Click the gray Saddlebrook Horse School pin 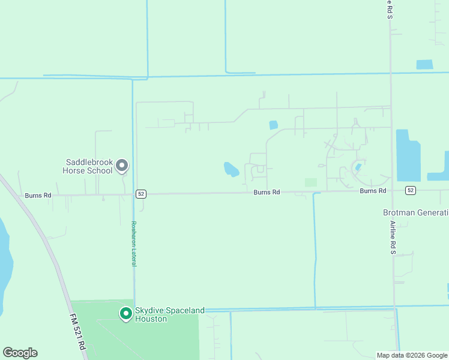tap(122, 165)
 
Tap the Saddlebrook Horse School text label tap(89, 166)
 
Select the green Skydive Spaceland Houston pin tap(125, 313)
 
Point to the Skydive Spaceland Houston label tap(169, 314)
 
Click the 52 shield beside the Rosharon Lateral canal tap(140, 194)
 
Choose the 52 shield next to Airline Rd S tap(411, 190)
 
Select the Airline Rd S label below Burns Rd tap(393, 237)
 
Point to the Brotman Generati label tap(416, 212)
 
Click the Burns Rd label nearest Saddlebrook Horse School tap(38, 196)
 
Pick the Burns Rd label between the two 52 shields tap(267, 192)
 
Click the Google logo tap(20, 353)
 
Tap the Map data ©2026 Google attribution tap(412, 355)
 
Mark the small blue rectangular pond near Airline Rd tap(424, 64)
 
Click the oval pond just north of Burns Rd tap(231, 169)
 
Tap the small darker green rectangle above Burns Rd tap(310, 182)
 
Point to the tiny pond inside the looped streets tap(358, 167)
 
